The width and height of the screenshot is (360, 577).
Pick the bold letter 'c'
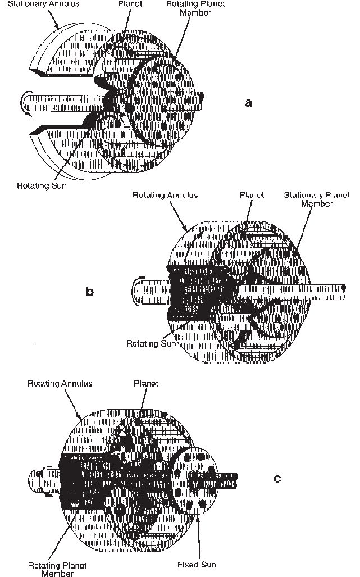[276, 478]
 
